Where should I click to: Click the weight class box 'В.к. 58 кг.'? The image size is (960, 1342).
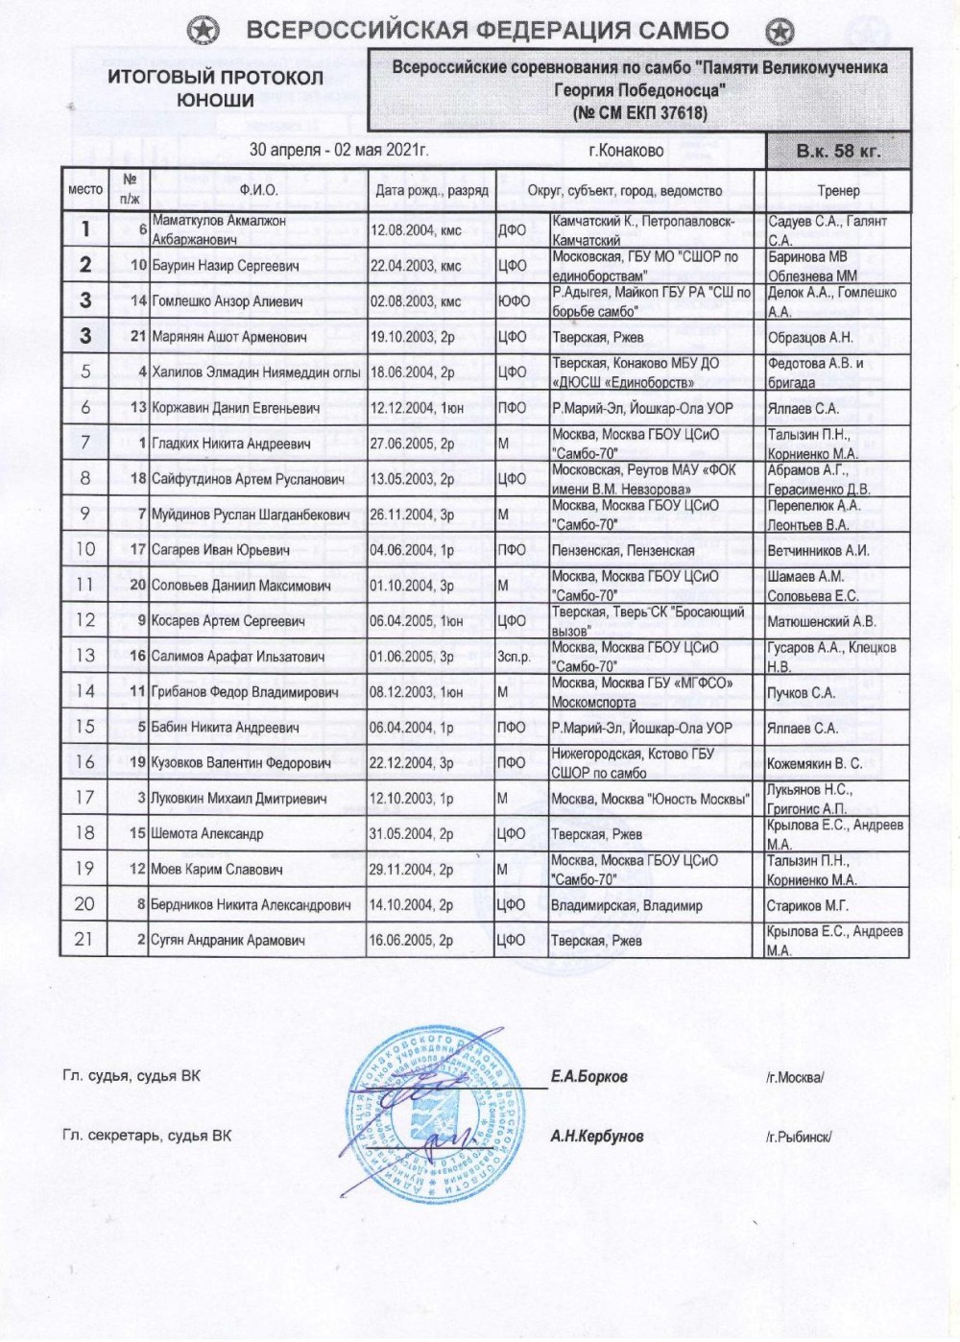(x=837, y=151)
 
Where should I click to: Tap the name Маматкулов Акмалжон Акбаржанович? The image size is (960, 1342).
(x=219, y=229)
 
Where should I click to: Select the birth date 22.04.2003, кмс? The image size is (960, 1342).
(x=416, y=266)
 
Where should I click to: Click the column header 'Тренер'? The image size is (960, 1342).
(x=838, y=191)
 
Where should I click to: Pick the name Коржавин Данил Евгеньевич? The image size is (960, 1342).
(x=236, y=408)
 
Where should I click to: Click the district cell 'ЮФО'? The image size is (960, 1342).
(x=514, y=301)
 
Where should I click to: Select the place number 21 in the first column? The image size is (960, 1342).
(x=84, y=940)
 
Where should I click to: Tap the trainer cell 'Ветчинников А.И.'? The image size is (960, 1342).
(x=818, y=550)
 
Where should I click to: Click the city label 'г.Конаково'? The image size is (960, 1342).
(x=626, y=151)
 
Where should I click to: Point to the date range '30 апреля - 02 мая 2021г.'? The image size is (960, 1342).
(x=339, y=150)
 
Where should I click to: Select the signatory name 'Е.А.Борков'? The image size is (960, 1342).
(x=588, y=1076)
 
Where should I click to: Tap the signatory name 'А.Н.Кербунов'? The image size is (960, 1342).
(x=596, y=1136)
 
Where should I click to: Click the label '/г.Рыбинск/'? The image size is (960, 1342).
(x=799, y=1137)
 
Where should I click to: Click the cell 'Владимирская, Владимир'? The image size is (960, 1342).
(x=626, y=905)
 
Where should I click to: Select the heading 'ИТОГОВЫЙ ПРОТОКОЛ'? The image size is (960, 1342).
(x=215, y=78)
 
